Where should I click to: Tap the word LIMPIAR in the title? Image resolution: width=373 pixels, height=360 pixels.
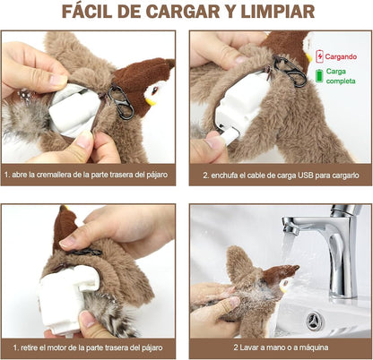278,12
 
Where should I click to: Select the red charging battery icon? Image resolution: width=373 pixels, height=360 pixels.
319,56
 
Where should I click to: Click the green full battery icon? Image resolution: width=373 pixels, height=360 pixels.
319,76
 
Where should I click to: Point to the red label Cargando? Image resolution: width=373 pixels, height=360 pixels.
341,56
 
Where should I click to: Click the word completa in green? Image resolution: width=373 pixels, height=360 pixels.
341,81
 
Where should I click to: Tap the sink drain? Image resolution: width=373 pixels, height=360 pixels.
314,321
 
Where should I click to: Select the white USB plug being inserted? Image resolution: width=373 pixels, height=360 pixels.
230,136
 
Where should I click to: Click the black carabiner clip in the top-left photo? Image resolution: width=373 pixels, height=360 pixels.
121,102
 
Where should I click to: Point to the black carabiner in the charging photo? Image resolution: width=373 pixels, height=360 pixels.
290,71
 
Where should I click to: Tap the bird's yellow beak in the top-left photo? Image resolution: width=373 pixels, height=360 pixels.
151,102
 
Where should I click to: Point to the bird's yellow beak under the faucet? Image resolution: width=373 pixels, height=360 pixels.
282,287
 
